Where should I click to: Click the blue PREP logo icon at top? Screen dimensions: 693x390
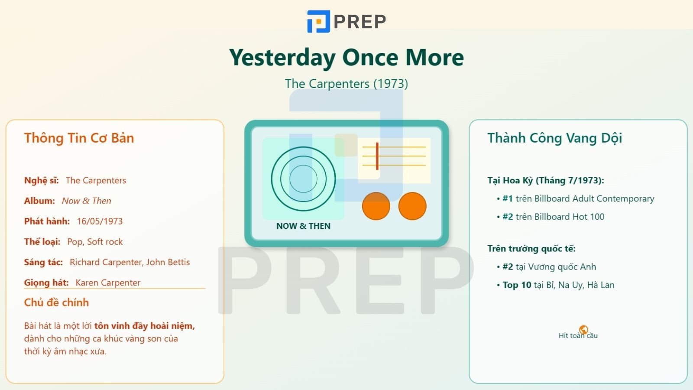tap(318, 21)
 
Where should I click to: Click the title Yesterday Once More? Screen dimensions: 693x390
tap(346, 58)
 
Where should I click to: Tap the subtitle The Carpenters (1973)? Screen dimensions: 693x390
tap(346, 84)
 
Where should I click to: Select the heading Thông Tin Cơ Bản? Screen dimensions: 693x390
tap(79, 138)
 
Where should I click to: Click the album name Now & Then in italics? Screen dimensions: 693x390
tap(86, 201)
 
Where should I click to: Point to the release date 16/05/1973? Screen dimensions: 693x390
tap(100, 221)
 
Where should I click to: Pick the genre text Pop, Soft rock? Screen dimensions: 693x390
tap(95, 242)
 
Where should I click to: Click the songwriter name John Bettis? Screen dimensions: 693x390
tap(168, 262)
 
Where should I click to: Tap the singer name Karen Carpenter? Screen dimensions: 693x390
tap(108, 283)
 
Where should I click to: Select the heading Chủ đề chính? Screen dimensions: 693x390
tap(56, 302)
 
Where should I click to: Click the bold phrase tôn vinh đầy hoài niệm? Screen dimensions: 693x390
tap(145, 326)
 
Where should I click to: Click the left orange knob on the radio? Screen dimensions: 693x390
tap(376, 206)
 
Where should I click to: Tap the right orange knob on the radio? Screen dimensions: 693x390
tap(412, 206)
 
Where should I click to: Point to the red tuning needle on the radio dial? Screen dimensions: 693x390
tap(377, 156)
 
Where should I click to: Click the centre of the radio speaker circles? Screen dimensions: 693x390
tap(303, 179)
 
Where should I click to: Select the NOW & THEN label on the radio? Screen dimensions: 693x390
tap(303, 226)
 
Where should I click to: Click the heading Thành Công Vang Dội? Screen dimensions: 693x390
tap(555, 138)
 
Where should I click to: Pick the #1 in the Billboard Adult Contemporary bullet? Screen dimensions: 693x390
tap(508, 198)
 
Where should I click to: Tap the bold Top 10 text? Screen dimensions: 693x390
tap(517, 285)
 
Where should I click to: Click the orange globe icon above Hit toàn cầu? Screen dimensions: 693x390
tap(583, 330)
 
